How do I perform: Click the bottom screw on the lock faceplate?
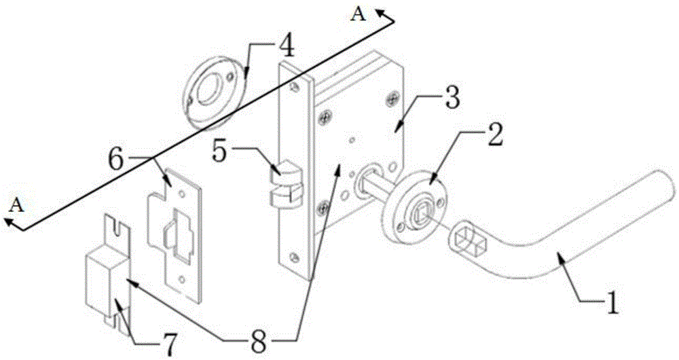pyautogui.click(x=293, y=257)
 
